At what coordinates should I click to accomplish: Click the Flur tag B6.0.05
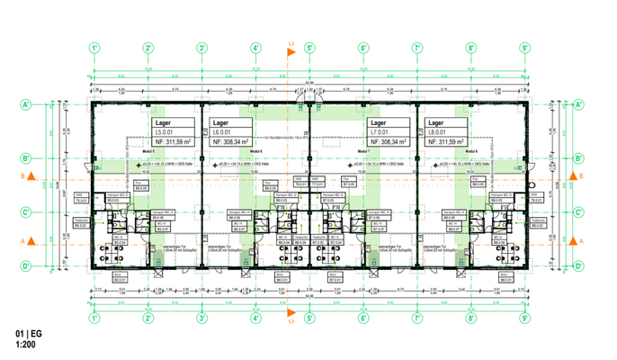tap(268, 187)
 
